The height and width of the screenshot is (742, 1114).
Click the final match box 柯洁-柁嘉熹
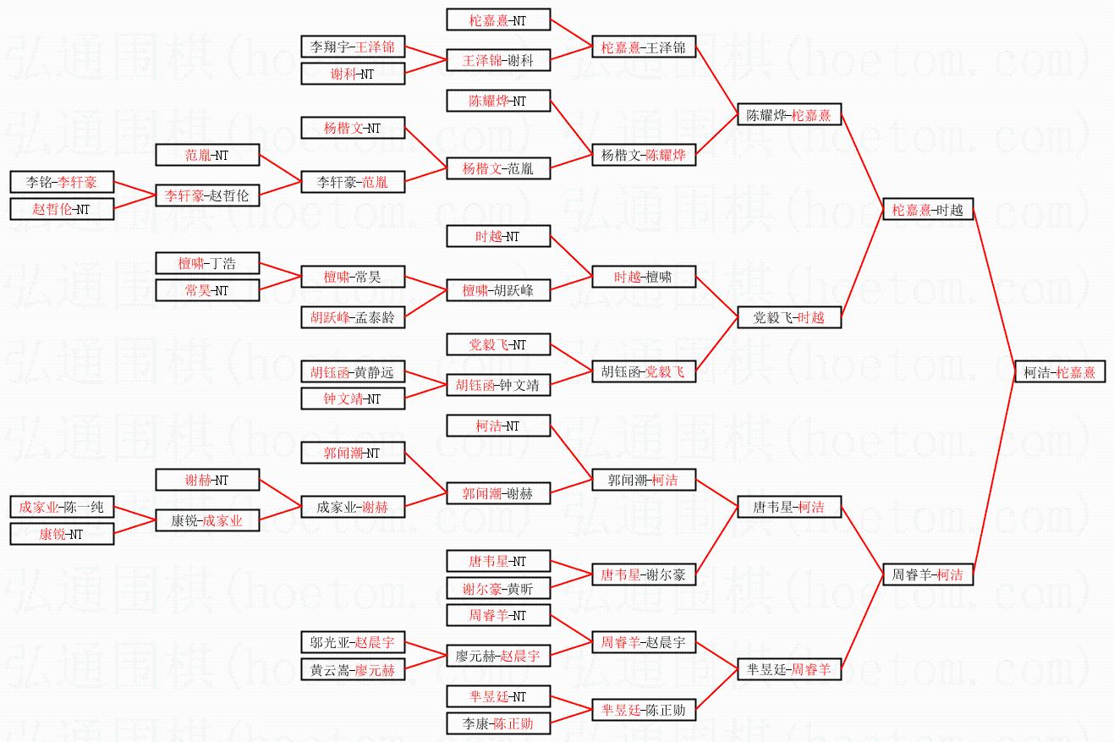click(x=1060, y=372)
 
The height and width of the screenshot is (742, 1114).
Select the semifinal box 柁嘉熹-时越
click(x=928, y=209)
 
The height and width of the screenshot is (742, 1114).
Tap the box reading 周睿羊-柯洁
click(x=928, y=574)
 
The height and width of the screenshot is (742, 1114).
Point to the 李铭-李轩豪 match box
click(x=62, y=182)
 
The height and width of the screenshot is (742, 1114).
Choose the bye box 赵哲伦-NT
click(x=62, y=209)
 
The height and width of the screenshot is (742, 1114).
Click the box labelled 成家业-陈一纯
click(x=62, y=507)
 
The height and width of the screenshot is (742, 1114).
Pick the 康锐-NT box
click(x=62, y=534)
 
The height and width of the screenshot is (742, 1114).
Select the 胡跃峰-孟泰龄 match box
click(x=353, y=317)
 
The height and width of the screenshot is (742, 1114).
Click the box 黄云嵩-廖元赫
click(x=353, y=669)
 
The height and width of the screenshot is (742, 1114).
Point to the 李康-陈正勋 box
click(x=498, y=723)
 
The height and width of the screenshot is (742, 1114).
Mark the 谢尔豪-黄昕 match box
click(x=498, y=588)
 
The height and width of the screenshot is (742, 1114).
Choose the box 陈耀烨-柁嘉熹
click(x=789, y=114)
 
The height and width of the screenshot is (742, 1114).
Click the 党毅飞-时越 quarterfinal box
click(x=789, y=317)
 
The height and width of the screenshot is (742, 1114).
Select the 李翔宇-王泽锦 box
click(x=353, y=47)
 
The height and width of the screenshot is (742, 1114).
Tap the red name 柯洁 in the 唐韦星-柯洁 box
click(x=811, y=507)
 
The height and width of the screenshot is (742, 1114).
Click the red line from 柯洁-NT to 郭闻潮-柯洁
click(x=571, y=453)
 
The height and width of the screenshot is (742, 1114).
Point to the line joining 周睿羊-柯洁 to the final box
click(x=994, y=474)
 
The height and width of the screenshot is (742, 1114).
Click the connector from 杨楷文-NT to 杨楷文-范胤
click(x=425, y=148)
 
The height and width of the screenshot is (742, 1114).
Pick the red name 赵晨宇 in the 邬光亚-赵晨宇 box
click(x=375, y=642)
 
